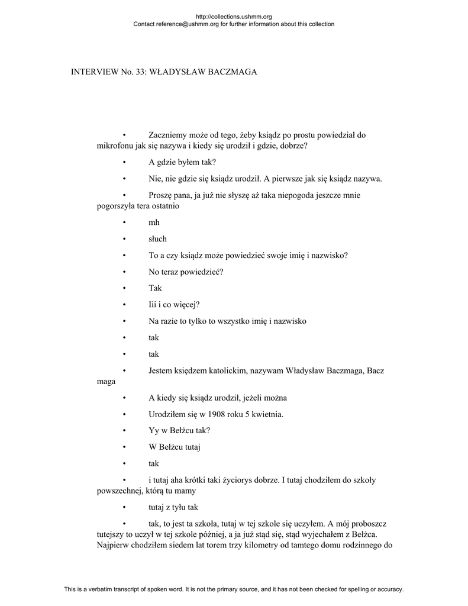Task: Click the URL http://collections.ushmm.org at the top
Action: click(x=233, y=17)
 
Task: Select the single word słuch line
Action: click(x=157, y=239)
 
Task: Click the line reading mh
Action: click(x=154, y=223)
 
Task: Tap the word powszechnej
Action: click(x=119, y=491)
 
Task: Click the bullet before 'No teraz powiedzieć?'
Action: click(x=125, y=272)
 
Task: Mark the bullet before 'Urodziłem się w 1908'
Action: click(x=125, y=414)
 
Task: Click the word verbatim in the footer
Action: click(x=112, y=589)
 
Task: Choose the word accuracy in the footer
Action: click(x=389, y=589)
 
